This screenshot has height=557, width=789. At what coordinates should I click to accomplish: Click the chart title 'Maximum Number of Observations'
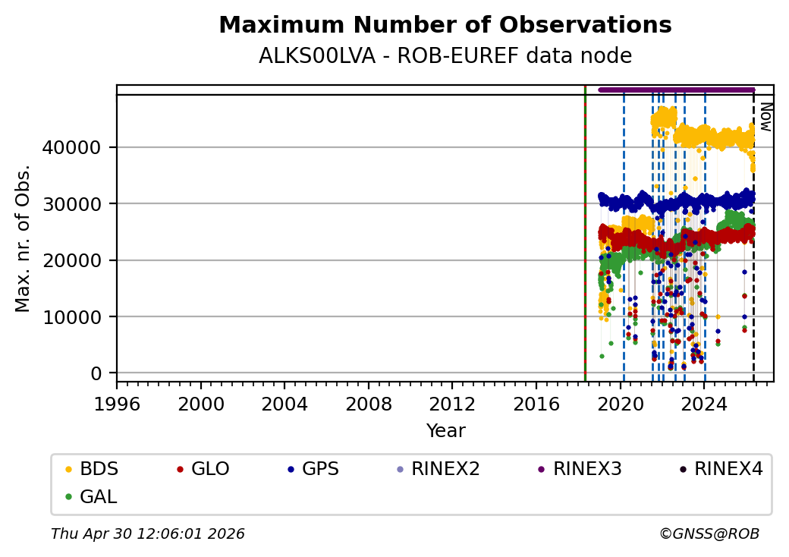pyautogui.click(x=445, y=26)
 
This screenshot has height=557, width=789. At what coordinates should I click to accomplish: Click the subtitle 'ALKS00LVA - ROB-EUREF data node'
pyautogui.click(x=445, y=56)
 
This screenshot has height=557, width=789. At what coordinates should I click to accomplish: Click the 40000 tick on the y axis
pyautogui.click(x=80, y=147)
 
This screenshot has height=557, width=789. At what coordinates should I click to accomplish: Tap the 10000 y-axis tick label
pyautogui.click(x=80, y=316)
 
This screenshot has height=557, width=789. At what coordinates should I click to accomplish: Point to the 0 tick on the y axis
pyautogui.click(x=96, y=373)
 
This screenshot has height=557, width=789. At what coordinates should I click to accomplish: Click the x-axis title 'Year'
pyautogui.click(x=445, y=431)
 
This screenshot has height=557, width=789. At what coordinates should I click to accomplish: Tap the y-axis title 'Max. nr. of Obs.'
pyautogui.click(x=24, y=238)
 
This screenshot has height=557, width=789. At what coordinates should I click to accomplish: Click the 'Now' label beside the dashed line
pyautogui.click(x=765, y=117)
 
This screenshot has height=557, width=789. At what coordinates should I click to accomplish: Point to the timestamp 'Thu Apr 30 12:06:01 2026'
pyautogui.click(x=148, y=534)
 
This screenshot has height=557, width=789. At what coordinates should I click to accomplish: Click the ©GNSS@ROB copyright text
pyautogui.click(x=709, y=534)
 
